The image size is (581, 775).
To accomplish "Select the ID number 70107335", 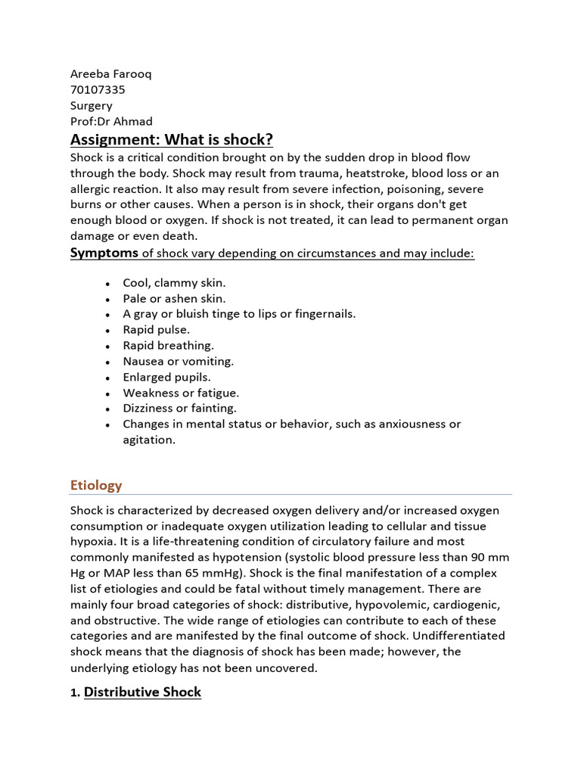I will pyautogui.click(x=98, y=89).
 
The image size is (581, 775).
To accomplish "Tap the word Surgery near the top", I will pyautogui.click(x=92, y=105).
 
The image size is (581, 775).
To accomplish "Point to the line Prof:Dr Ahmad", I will pyautogui.click(x=111, y=121).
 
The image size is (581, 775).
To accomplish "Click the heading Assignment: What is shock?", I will pyautogui.click(x=172, y=139).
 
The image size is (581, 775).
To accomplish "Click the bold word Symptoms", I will pyautogui.click(x=104, y=253).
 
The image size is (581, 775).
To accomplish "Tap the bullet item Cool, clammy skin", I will pyautogui.click(x=174, y=282).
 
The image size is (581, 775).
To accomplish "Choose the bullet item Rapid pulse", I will pyautogui.click(x=157, y=329).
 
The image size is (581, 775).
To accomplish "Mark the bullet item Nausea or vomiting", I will pyautogui.click(x=179, y=361).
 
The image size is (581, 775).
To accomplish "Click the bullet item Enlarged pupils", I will pyautogui.click(x=167, y=377).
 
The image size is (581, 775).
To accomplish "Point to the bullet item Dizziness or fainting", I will pyautogui.click(x=180, y=408).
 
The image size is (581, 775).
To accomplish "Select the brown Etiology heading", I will pyautogui.click(x=96, y=485).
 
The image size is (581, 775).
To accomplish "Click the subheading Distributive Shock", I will pyautogui.click(x=142, y=692).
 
